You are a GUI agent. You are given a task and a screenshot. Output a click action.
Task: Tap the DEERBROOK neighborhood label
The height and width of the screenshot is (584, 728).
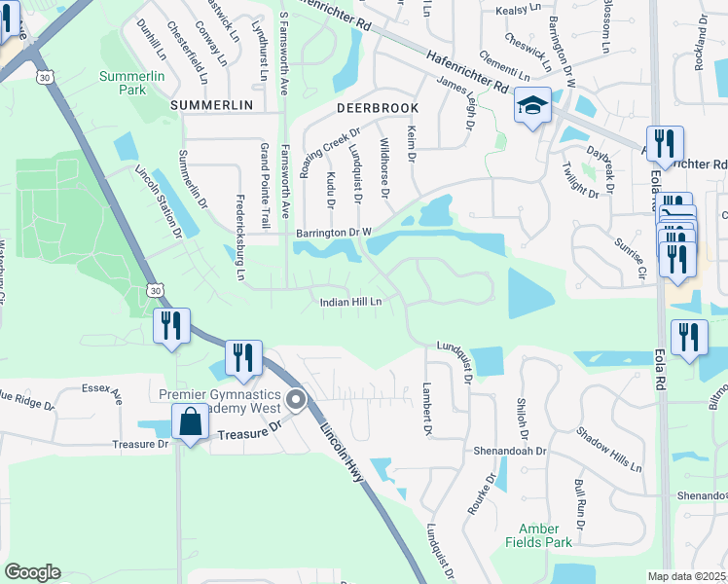tap(378, 108)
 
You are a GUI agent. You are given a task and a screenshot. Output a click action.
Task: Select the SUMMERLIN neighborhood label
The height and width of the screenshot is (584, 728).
tap(211, 104)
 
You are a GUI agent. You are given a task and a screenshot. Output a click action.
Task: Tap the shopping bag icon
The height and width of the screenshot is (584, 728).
tap(190, 423)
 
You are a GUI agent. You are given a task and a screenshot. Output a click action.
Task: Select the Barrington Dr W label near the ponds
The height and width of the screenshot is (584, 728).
tap(334, 233)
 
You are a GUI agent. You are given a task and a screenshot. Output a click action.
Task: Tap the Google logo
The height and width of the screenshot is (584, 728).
tap(32, 572)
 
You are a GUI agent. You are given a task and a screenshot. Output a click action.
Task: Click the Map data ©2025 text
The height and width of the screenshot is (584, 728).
tap(687, 576)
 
